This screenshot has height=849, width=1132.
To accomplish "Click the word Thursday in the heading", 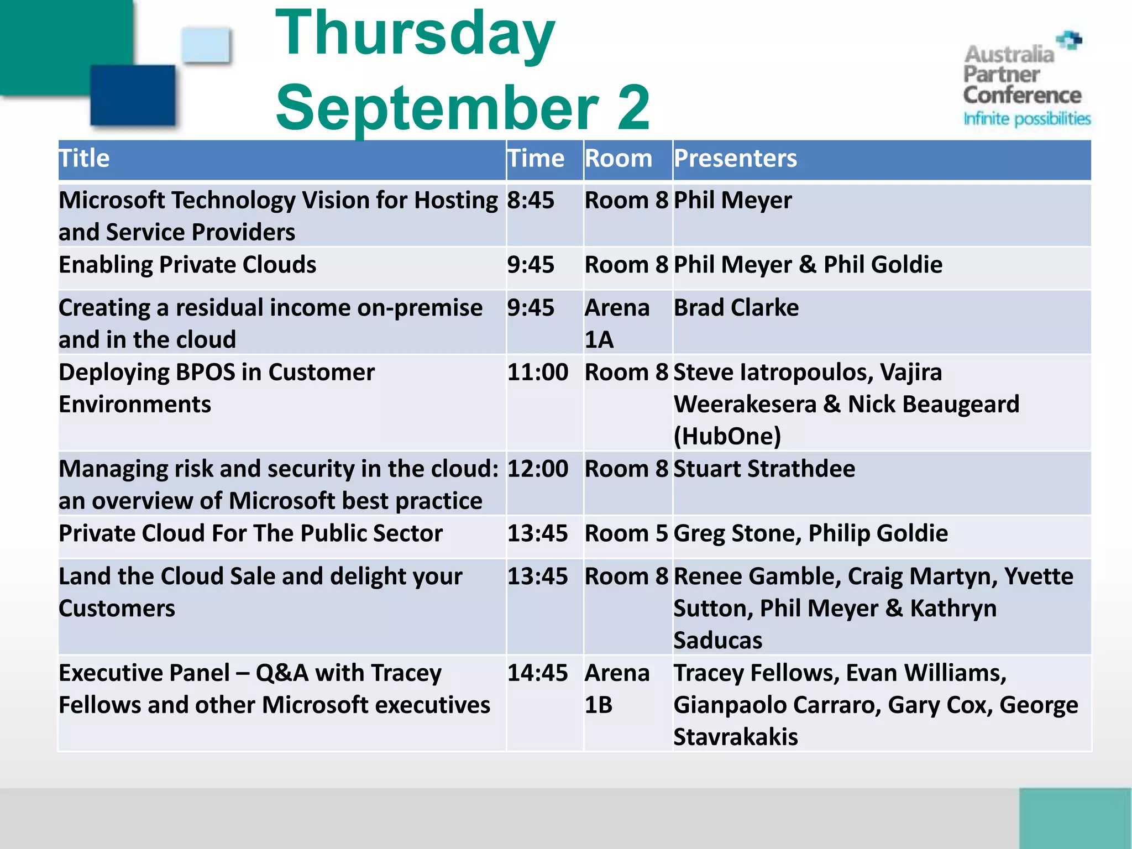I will click(415, 34).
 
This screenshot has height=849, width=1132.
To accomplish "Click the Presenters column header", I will click(735, 159).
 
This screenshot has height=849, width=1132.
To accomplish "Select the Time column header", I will click(536, 159).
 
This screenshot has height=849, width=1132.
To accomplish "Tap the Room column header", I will click(619, 159).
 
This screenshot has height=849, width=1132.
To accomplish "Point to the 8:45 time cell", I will click(531, 200).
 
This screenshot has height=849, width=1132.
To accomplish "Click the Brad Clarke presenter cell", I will click(736, 308).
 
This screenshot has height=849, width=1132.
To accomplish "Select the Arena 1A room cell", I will click(617, 323).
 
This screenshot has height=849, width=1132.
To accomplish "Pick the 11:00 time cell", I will click(537, 373).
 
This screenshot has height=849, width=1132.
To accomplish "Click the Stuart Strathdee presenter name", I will click(764, 469).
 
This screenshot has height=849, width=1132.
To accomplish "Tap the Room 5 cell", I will click(626, 534).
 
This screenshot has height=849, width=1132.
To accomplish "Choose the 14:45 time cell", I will click(537, 673).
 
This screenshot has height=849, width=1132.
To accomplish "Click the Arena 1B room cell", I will click(617, 689).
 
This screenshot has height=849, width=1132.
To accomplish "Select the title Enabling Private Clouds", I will click(187, 265).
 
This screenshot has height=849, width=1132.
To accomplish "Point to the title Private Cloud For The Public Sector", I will click(250, 534).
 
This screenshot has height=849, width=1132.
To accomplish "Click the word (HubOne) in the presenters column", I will click(727, 436).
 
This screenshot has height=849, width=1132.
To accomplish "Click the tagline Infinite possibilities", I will click(1026, 119).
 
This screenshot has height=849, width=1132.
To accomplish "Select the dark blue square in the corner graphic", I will click(133, 95).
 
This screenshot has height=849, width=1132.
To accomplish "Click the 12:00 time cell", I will click(537, 469).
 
